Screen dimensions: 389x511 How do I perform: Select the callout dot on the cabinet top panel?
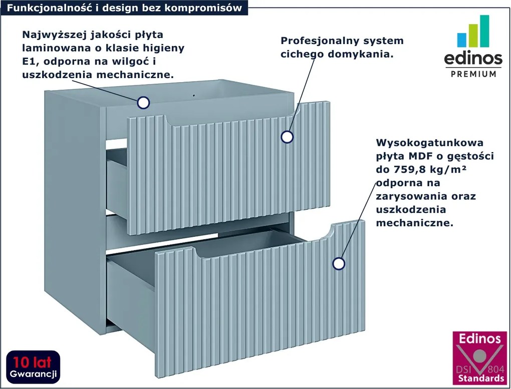tap(143, 103)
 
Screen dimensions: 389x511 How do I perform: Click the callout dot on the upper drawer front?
tap(287, 137)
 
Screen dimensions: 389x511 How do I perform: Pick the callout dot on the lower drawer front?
tap(339, 263)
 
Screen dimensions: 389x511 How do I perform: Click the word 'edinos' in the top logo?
tap(473, 58)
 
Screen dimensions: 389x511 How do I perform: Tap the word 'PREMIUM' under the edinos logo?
tap(473, 74)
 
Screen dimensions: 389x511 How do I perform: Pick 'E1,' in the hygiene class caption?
tap(31, 61)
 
